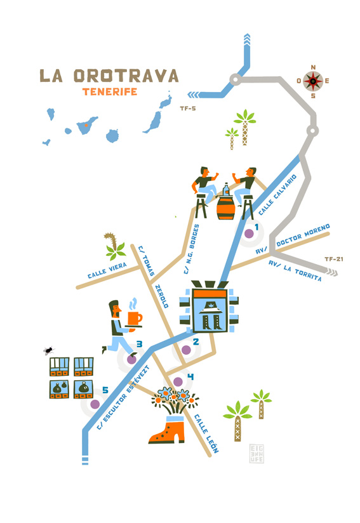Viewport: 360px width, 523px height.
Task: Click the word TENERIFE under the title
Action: tap(110, 92)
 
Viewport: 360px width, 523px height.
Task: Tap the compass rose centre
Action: tap(313, 81)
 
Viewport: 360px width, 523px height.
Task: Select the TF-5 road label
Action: tap(188, 109)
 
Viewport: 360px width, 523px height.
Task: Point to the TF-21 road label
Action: tap(333, 259)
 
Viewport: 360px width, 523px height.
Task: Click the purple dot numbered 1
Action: tap(249, 234)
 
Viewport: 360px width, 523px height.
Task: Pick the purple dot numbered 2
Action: tap(186, 350)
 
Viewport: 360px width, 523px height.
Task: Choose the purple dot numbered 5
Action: tap(95, 404)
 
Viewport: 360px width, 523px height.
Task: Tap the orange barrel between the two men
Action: tap(225, 208)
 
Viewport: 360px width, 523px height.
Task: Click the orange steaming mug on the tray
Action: tap(135, 319)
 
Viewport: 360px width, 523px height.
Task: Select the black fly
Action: tap(49, 350)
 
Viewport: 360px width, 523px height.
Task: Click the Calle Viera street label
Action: tap(107, 270)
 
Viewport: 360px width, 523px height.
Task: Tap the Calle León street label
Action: tap(206, 434)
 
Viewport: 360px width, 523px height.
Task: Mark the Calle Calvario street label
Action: tap(277, 194)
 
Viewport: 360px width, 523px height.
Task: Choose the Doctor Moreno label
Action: tap(303, 235)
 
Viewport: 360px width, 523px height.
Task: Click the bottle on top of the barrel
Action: tap(226, 189)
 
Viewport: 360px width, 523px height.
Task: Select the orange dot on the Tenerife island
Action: tap(86, 126)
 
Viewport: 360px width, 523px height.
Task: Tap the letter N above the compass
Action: tap(313, 67)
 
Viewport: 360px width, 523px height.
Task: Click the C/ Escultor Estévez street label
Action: tap(123, 397)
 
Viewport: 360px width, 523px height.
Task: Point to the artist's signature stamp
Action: tap(257, 453)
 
